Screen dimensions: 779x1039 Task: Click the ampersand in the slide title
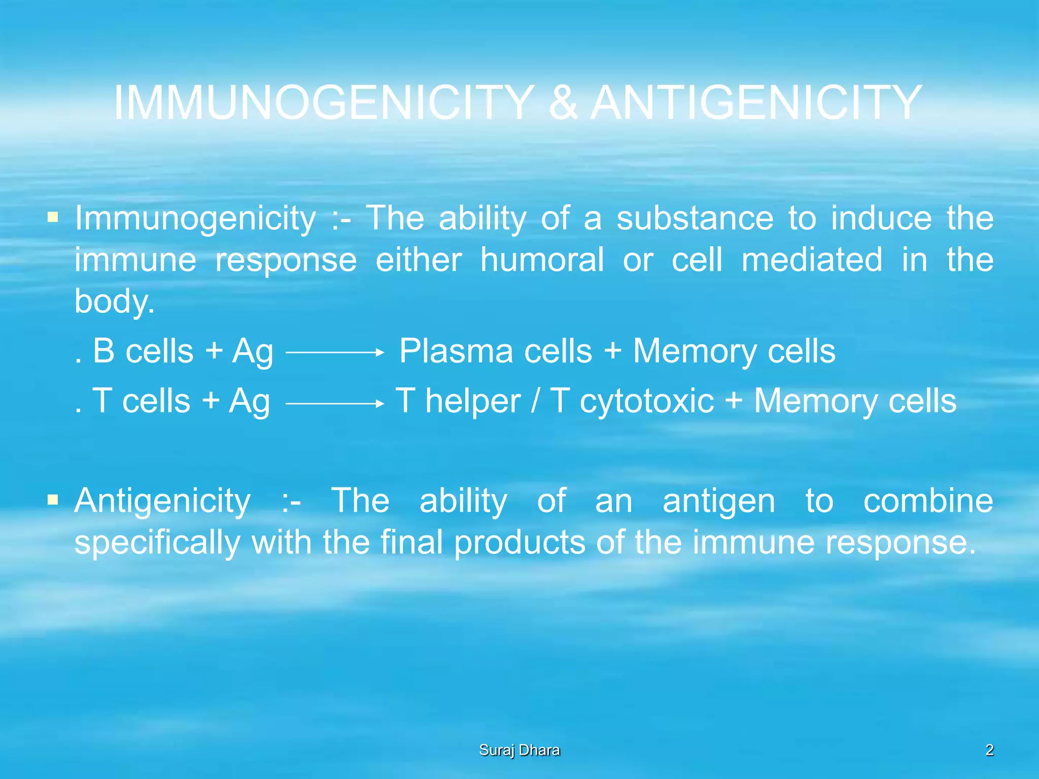coord(563,103)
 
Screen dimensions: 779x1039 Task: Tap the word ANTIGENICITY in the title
coord(756,103)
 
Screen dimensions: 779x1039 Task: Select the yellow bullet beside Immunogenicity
coord(52,218)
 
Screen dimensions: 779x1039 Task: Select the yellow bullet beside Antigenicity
coord(52,501)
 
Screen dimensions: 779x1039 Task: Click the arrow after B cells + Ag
coord(335,352)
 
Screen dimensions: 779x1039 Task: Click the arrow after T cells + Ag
coord(335,403)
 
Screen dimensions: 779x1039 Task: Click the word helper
coord(473,402)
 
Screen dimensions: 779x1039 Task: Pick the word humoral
coord(542,260)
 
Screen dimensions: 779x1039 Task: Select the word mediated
coord(812,260)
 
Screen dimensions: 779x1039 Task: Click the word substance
coord(695,219)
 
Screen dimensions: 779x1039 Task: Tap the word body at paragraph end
coord(113,302)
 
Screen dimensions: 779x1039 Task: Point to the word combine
coord(928,501)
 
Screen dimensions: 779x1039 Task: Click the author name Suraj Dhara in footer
coord(519,750)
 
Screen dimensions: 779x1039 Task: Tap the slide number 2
coord(989,750)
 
